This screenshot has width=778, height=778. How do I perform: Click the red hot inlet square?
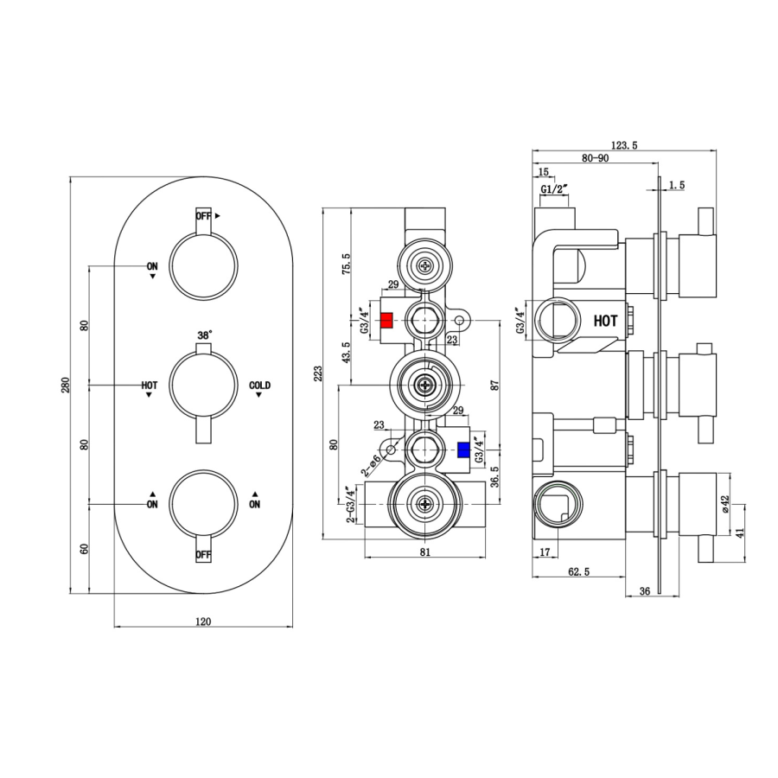(x=386, y=320)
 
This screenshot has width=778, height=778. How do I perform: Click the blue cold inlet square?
(x=463, y=449)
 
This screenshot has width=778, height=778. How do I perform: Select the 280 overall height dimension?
(x=67, y=385)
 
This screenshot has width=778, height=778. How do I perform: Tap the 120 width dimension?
(x=204, y=621)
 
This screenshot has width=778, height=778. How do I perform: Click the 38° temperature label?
(x=204, y=335)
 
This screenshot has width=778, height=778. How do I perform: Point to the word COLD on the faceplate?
(x=259, y=385)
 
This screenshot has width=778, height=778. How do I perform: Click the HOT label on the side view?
(x=605, y=320)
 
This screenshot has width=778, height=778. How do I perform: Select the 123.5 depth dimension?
(x=623, y=146)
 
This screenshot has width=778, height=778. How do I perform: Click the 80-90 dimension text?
(x=595, y=158)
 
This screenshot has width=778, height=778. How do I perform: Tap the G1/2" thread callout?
(x=553, y=188)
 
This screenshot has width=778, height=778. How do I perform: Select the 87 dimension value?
(x=495, y=386)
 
